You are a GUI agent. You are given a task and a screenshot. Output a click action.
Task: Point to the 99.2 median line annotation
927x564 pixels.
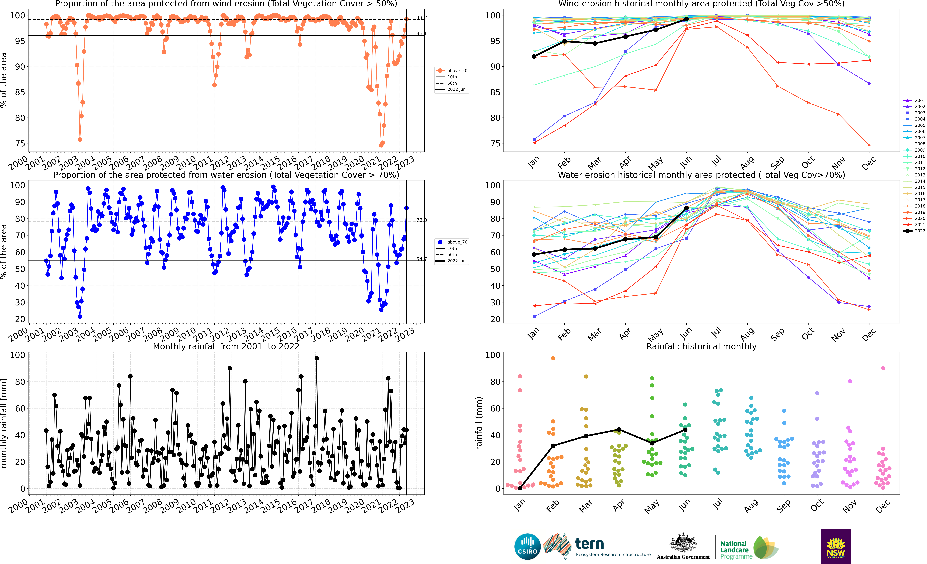(421, 18)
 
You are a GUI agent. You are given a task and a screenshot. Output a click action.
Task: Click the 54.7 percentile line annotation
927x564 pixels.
(421, 259)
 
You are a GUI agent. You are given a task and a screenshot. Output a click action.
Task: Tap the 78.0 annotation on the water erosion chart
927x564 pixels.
(421, 220)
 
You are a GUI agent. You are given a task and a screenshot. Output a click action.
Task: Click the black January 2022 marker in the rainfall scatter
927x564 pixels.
(520, 488)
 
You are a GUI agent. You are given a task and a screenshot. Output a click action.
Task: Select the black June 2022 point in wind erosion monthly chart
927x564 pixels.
(687, 19)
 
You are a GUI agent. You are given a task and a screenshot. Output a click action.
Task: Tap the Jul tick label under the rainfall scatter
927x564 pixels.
(717, 504)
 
